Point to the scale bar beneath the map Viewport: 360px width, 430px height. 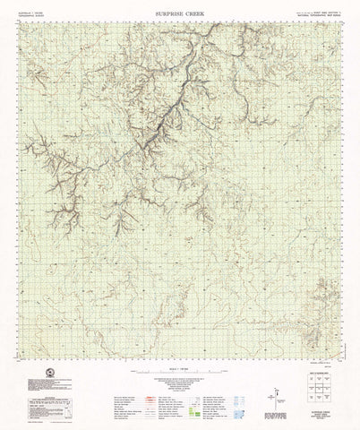click(179, 369)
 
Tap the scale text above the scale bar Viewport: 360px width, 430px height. click(179, 363)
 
